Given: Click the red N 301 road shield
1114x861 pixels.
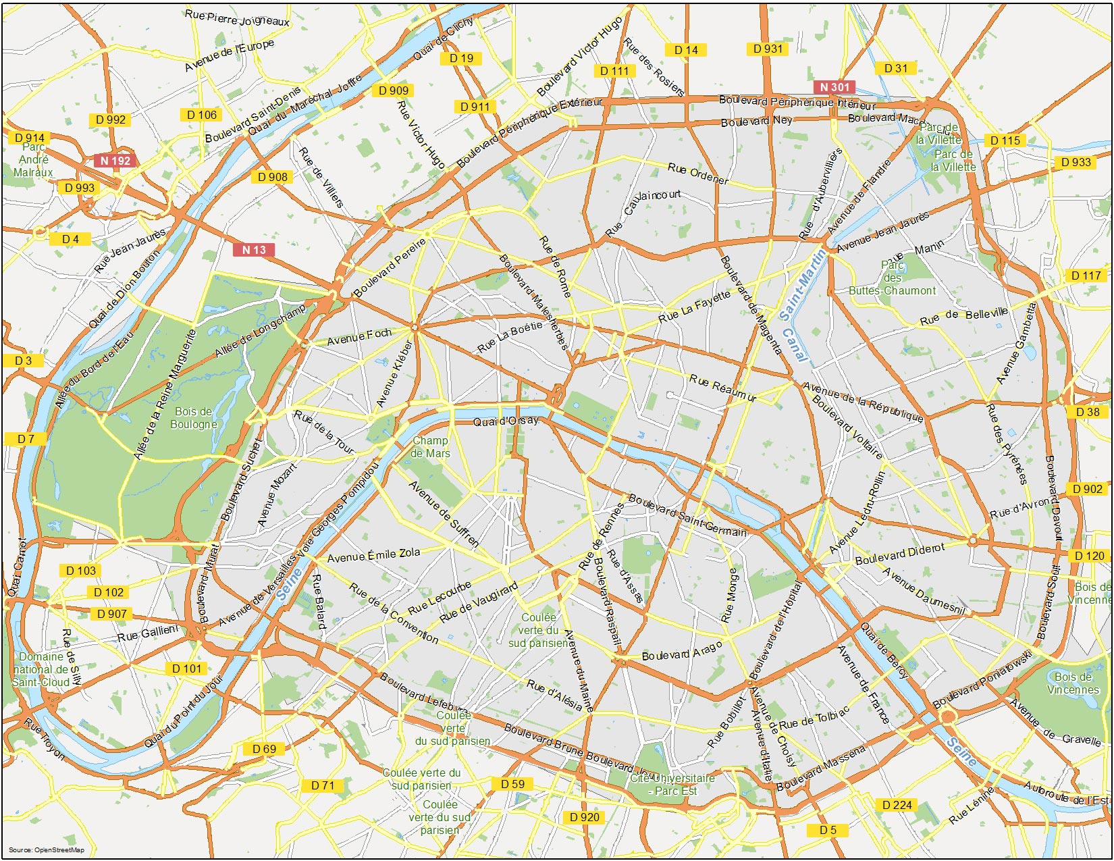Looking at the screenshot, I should point(834,87).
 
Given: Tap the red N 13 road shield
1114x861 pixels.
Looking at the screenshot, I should point(254,250).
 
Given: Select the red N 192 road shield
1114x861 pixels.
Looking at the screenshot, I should point(115,161).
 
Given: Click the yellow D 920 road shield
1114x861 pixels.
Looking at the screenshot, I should point(585,817).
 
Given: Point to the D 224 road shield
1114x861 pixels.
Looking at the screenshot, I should point(897,805).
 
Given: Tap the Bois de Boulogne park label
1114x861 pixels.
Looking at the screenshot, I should point(194,418).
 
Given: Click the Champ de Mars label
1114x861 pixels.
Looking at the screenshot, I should point(430,447).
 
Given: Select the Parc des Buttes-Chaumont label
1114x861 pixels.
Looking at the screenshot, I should point(892,278).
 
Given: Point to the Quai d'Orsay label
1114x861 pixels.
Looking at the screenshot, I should point(506,421).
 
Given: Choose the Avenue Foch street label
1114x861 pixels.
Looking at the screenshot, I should point(359,336).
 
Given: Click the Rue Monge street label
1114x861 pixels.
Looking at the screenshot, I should point(730,595).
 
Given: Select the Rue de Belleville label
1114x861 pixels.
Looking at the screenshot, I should point(963,316).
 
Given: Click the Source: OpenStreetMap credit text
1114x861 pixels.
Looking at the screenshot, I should point(47,850).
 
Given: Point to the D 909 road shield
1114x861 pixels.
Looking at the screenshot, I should point(393,90).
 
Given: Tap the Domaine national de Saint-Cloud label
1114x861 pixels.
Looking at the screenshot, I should point(41,669).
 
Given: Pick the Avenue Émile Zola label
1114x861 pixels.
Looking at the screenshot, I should point(373,556).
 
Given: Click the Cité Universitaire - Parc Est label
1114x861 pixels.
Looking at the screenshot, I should point(672,784).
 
